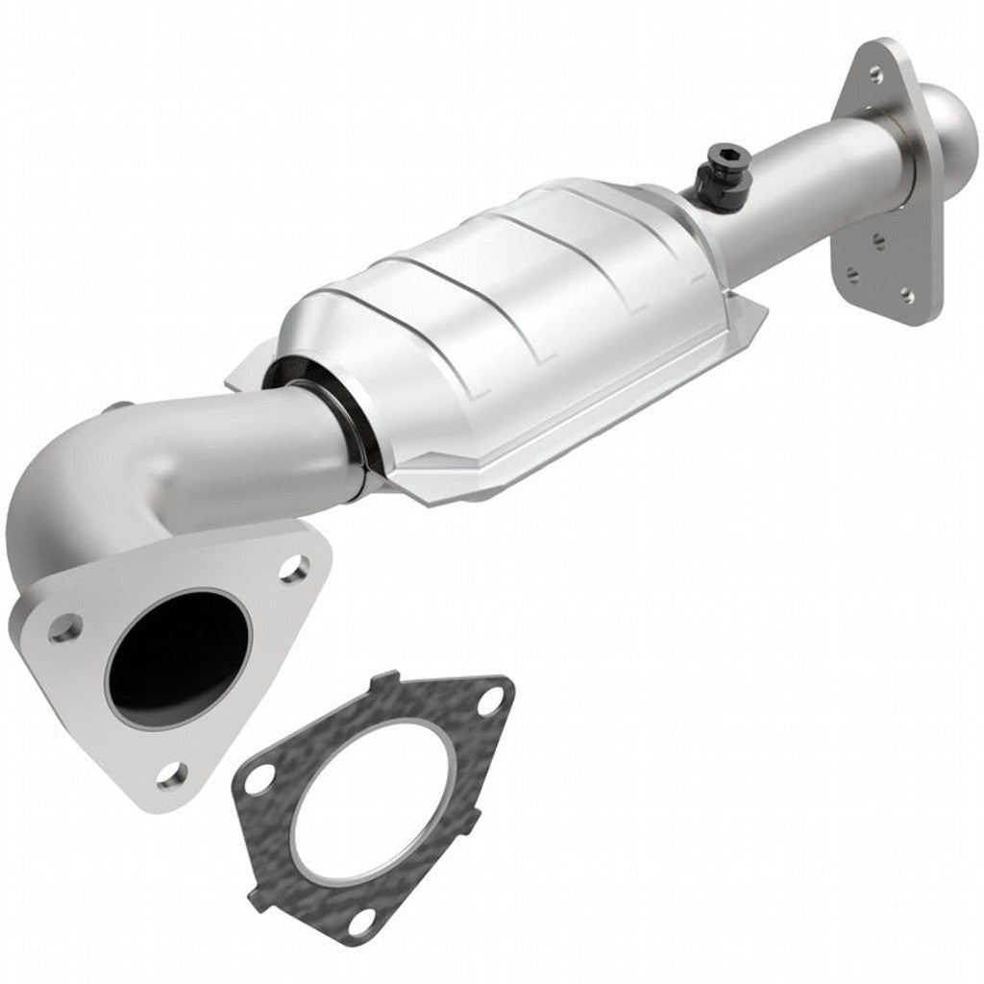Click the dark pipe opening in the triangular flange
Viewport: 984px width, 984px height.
[x=173, y=653]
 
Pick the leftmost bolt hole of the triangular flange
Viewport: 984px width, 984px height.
[x=63, y=628]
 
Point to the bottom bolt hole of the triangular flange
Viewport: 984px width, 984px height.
[x=171, y=772]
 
